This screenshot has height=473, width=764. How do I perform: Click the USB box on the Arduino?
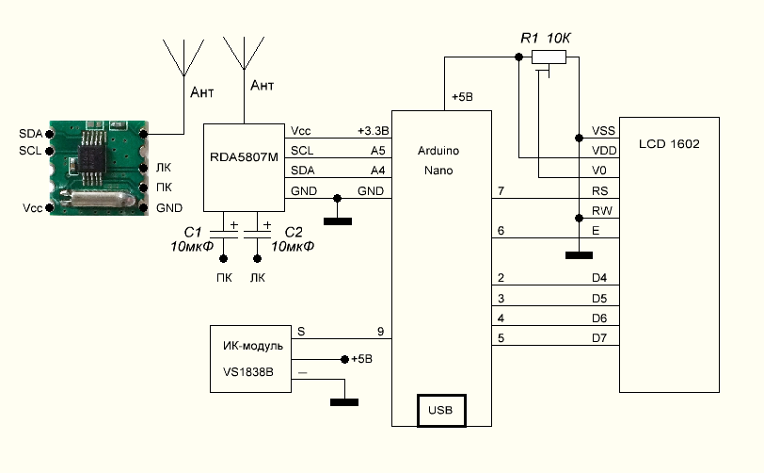(440, 411)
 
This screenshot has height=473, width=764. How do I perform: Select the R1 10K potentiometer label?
(546, 38)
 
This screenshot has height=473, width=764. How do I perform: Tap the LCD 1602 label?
(668, 145)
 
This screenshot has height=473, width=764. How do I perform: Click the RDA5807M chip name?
(246, 158)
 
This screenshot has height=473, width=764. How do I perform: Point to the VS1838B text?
(241, 372)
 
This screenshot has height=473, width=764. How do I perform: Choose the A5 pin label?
(377, 150)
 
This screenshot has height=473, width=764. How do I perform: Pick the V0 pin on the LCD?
(598, 170)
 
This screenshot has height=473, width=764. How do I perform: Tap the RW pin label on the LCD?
(601, 210)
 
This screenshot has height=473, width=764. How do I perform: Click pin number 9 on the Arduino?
(380, 331)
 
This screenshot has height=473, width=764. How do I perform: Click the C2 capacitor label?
(294, 232)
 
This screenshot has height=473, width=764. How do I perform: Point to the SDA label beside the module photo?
(30, 134)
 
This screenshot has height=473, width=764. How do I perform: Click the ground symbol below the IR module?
(345, 401)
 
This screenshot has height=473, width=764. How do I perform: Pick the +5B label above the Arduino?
(464, 98)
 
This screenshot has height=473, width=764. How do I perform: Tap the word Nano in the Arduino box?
(438, 171)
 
